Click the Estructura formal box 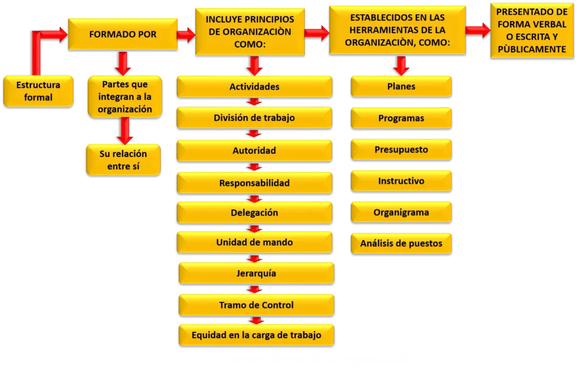tap(38, 91)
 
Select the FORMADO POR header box tap(123, 34)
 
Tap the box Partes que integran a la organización tap(125, 97)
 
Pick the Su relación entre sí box tap(123, 159)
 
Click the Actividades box tap(254, 87)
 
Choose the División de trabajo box tap(254, 118)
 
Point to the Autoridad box tap(254, 150)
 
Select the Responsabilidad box tap(254, 183)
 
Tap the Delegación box tap(254, 213)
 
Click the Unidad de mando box tap(254, 242)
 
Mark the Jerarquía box tap(256, 273)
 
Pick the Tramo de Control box tap(256, 305)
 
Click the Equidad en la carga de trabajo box tap(256, 335)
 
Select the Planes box tap(401, 86)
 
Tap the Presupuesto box tap(401, 150)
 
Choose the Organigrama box tap(401, 213)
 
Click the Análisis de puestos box tap(401, 244)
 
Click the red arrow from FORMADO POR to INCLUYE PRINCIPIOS tap(186, 35)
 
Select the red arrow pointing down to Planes tap(402, 65)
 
